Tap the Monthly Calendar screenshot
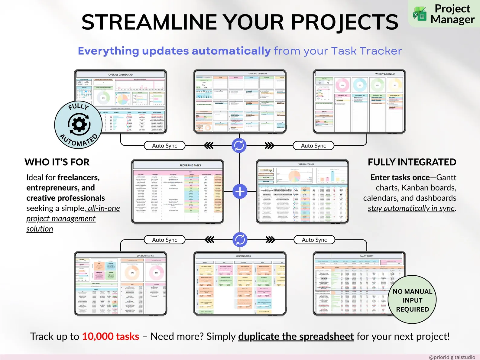coord(240,102)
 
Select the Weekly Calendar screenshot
coord(359,102)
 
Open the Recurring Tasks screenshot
coord(178,192)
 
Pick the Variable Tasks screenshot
coord(302,192)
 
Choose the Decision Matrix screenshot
coord(121,284)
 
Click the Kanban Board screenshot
coord(240,284)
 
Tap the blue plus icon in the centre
coord(240,192)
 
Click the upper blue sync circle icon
coord(239,145)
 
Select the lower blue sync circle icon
coord(240,240)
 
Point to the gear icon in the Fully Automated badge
coord(79,124)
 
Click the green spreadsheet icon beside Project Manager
coord(420,14)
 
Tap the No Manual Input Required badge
coord(412,300)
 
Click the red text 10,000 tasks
coord(111,336)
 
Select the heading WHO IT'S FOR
coord(57,162)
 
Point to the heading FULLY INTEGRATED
coord(412,162)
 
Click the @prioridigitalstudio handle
coord(452,357)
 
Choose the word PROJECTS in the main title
coord(345,22)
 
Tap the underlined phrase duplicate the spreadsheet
coord(296,336)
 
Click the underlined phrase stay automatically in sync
coord(411,208)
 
